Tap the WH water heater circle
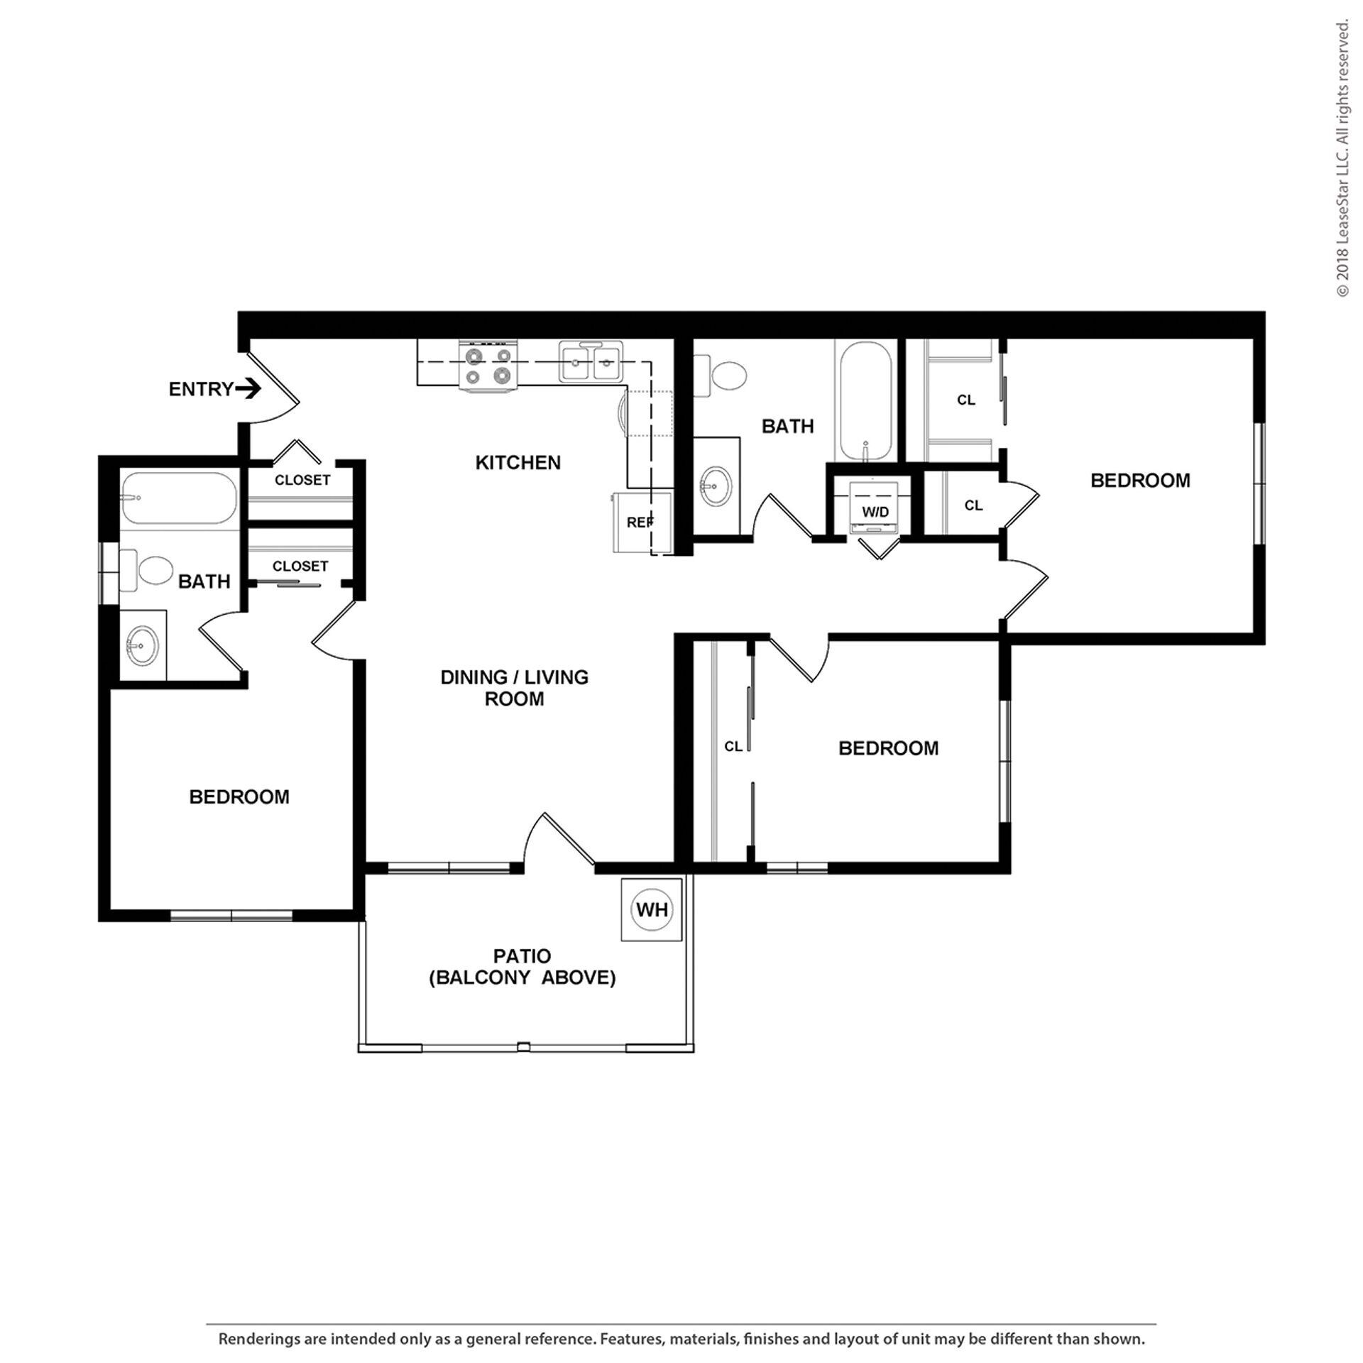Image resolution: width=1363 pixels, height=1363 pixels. click(x=652, y=909)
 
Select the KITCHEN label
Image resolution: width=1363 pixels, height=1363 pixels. click(x=518, y=463)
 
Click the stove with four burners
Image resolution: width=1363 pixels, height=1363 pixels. click(x=488, y=366)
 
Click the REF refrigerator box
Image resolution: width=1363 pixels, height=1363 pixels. click(x=640, y=521)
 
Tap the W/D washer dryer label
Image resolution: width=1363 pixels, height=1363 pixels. click(x=875, y=511)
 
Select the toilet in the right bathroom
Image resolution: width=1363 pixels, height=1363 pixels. click(x=723, y=376)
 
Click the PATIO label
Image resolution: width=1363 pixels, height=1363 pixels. click(x=522, y=956)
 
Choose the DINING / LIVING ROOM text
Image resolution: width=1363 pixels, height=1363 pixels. click(x=514, y=687)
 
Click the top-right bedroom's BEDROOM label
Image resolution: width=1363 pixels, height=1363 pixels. click(x=1139, y=481)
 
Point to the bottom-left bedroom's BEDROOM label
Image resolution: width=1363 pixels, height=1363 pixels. click(x=239, y=797)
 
